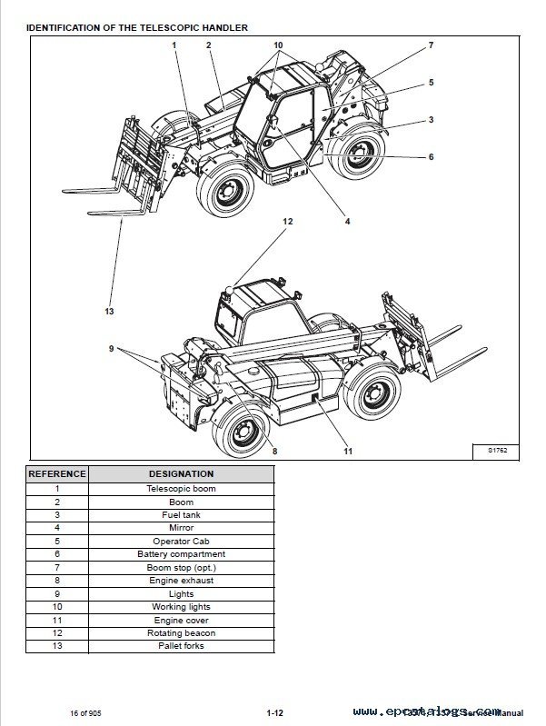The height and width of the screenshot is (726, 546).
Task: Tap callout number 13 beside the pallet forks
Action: click(x=109, y=311)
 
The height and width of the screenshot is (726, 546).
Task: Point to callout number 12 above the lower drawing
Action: click(x=287, y=221)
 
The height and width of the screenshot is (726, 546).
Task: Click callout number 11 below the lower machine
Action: click(x=347, y=451)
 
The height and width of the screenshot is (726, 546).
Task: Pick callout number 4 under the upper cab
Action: click(x=346, y=220)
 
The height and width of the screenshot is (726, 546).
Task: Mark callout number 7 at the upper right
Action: click(x=430, y=45)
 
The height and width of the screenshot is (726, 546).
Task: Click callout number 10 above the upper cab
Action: click(x=278, y=45)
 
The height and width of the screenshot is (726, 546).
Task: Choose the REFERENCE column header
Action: click(x=56, y=473)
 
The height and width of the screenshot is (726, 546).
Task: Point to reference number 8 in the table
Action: click(x=56, y=580)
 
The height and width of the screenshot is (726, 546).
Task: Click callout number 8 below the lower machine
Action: click(x=273, y=451)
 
